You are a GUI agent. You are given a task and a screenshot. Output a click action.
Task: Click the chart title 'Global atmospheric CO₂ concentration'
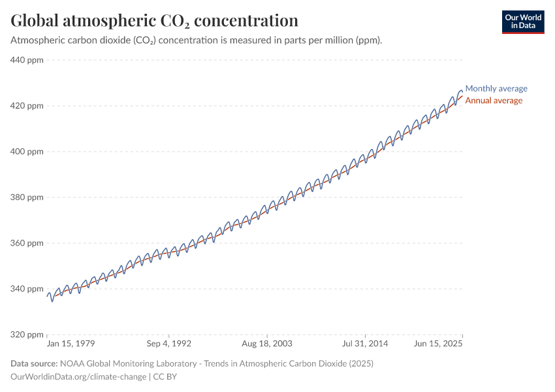click(x=155, y=20)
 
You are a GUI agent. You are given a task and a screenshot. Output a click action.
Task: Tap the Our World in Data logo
click(x=522, y=22)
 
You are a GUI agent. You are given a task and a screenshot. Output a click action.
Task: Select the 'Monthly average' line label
click(x=496, y=88)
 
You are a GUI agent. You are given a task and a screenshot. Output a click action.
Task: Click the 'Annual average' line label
click(x=493, y=101)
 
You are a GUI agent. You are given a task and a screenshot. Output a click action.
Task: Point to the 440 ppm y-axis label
click(x=27, y=60)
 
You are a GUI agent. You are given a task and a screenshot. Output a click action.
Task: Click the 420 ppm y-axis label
click(x=27, y=106)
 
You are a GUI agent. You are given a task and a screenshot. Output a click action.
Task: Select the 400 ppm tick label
click(x=27, y=152)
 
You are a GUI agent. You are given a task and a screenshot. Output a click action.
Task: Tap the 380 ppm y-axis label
click(x=27, y=197)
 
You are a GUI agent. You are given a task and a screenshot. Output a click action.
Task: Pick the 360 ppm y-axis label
click(x=27, y=243)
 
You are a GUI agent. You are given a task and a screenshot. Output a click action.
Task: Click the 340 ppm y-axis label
click(x=27, y=289)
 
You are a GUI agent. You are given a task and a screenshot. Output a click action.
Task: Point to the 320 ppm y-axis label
click(x=27, y=335)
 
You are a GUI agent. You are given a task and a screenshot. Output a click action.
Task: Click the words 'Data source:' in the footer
click(x=34, y=363)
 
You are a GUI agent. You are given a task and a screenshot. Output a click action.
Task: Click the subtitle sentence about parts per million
click(x=196, y=40)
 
